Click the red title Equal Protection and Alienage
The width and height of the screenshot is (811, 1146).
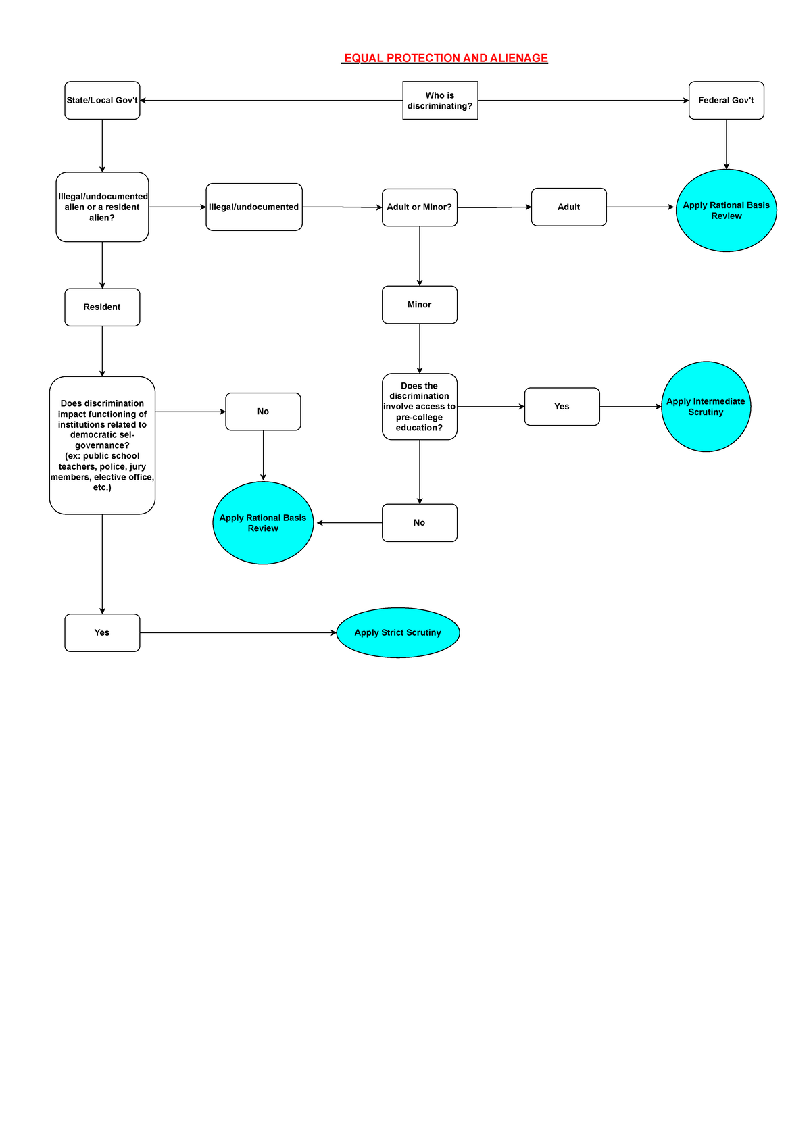coord(445,58)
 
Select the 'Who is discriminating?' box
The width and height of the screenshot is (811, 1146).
coord(440,100)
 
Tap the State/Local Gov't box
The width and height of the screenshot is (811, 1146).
coord(102,100)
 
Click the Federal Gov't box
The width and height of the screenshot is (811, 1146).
coord(726,100)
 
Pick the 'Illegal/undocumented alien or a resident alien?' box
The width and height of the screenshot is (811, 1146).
coord(102,207)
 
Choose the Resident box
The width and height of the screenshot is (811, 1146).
coord(102,307)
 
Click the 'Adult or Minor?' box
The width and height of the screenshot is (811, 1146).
coord(420,207)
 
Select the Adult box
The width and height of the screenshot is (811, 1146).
coord(569,207)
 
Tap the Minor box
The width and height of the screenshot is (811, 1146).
coord(420,305)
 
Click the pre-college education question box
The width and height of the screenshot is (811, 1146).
coord(420,407)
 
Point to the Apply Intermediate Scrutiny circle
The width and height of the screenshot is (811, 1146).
coord(706,407)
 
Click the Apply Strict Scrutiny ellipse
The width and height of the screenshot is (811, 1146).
coord(398,633)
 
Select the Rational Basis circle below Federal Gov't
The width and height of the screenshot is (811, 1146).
coord(726,210)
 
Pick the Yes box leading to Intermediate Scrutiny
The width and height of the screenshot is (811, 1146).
coord(562,407)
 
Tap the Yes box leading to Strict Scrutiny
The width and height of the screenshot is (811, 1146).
coord(102,633)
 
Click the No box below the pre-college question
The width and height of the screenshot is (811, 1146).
coord(420,523)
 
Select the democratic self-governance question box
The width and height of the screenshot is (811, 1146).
coord(102,445)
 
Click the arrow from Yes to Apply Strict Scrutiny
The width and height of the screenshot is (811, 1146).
coord(239,633)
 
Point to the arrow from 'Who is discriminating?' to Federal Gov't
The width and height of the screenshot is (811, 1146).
coord(583,100)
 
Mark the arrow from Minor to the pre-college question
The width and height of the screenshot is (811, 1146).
coord(420,349)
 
